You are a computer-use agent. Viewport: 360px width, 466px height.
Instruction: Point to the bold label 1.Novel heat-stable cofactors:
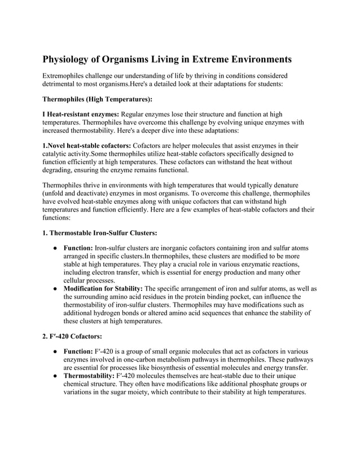click(87, 146)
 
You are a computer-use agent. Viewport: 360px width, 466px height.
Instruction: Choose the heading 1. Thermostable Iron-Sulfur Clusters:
click(100, 232)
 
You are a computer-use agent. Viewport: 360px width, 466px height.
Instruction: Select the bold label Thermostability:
click(89, 375)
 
